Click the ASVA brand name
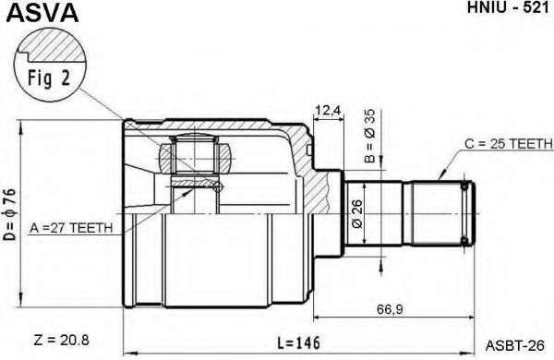[x=42, y=13]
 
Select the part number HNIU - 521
[x=508, y=7]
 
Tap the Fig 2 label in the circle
[x=49, y=78]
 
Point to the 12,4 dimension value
[x=329, y=111]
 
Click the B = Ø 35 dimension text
[x=369, y=136]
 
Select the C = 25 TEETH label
[x=508, y=143]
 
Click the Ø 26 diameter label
[x=357, y=214]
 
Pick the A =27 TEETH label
[x=71, y=228]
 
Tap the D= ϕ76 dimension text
[x=10, y=214]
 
